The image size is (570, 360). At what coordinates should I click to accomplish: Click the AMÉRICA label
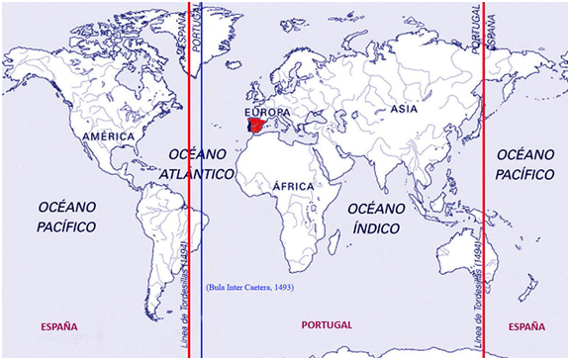pyautogui.click(x=109, y=135)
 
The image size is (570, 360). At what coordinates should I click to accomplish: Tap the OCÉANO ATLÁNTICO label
pyautogui.click(x=198, y=164)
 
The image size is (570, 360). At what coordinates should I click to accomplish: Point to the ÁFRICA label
pyautogui.click(x=293, y=185)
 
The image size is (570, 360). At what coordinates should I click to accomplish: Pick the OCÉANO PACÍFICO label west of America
pyautogui.click(x=66, y=217)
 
